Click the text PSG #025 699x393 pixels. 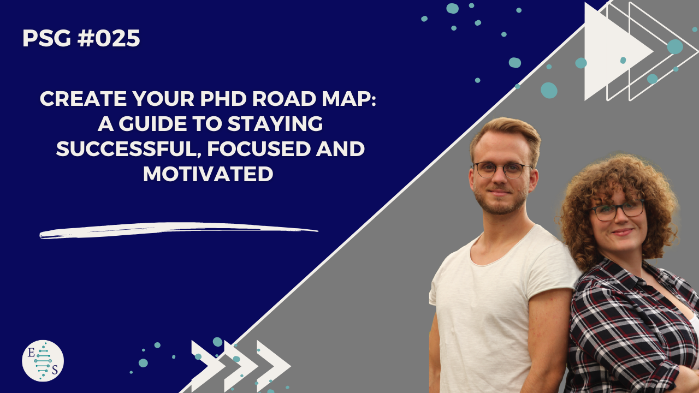[x=81, y=39]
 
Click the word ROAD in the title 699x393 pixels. [x=273, y=99]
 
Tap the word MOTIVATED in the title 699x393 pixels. [x=208, y=174]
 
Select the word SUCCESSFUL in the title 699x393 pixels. [x=122, y=149]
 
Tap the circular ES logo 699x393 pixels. [x=43, y=361]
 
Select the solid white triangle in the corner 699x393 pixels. [x=612, y=52]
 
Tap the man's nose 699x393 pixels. [x=498, y=180]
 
